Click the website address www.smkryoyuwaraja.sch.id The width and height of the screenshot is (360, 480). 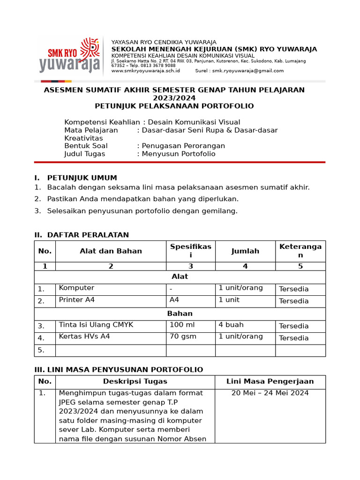[145, 71]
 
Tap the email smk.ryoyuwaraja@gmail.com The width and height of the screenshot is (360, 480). [247, 71]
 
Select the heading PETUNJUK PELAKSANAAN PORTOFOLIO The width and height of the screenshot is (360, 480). [174, 106]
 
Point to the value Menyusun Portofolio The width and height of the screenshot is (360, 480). [179, 154]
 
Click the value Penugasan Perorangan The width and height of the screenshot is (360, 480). [183, 146]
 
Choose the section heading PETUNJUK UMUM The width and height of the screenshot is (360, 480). [82, 178]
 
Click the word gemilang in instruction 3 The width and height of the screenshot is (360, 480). [220, 211]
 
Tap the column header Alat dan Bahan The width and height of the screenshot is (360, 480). [111, 251]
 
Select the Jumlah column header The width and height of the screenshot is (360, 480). [245, 251]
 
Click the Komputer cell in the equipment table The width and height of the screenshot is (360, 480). [77, 288]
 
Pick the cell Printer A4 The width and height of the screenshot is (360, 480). [77, 300]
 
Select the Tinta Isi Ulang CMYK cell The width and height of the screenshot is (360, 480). [96, 325]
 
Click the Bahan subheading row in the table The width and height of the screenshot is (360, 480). [180, 314]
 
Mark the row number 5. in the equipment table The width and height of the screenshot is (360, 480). [41, 350]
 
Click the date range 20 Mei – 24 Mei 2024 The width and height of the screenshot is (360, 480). [270, 393]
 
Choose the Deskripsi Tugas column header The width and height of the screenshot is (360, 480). [135, 382]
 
